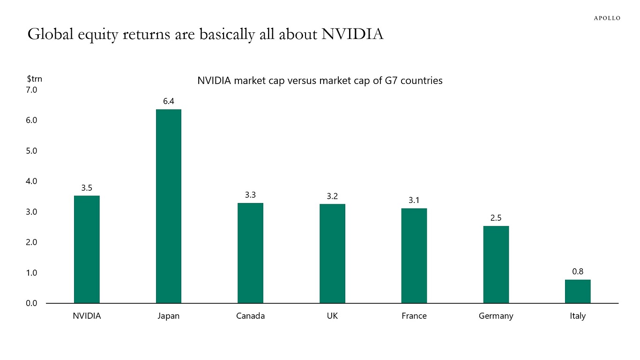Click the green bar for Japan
(169, 206)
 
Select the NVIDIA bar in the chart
(87, 249)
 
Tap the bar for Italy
(578, 291)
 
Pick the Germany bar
(496, 264)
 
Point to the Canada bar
(250, 253)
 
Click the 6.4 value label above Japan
(169, 101)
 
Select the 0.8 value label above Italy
(578, 271)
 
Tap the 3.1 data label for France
(414, 200)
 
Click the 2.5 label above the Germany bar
(496, 218)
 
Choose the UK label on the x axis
(332, 316)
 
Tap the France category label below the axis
(414, 316)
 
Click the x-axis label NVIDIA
(87, 316)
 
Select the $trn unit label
(34, 79)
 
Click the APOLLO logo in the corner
(607, 18)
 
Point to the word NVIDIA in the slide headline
(352, 34)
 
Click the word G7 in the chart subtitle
(397, 81)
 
